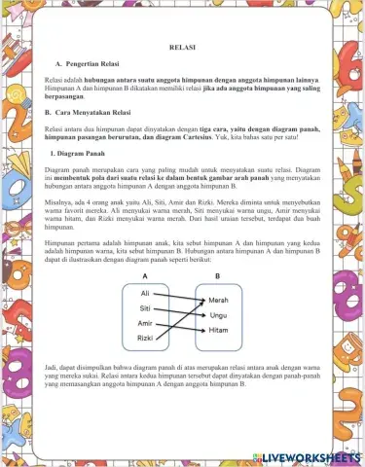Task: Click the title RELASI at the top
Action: tap(182, 47)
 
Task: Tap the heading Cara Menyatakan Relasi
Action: tap(100, 113)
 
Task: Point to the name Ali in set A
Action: tap(145, 293)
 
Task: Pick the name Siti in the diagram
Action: tap(145, 307)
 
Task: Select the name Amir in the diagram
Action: tap(145, 323)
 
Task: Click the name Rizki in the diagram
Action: tap(145, 339)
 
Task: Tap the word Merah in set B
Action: tap(218, 301)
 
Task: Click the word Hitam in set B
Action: tap(218, 331)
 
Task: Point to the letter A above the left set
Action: tap(144, 275)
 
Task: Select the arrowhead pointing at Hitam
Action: tap(202, 331)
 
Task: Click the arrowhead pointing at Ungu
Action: tap(202, 315)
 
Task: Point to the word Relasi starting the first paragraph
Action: tap(57, 77)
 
